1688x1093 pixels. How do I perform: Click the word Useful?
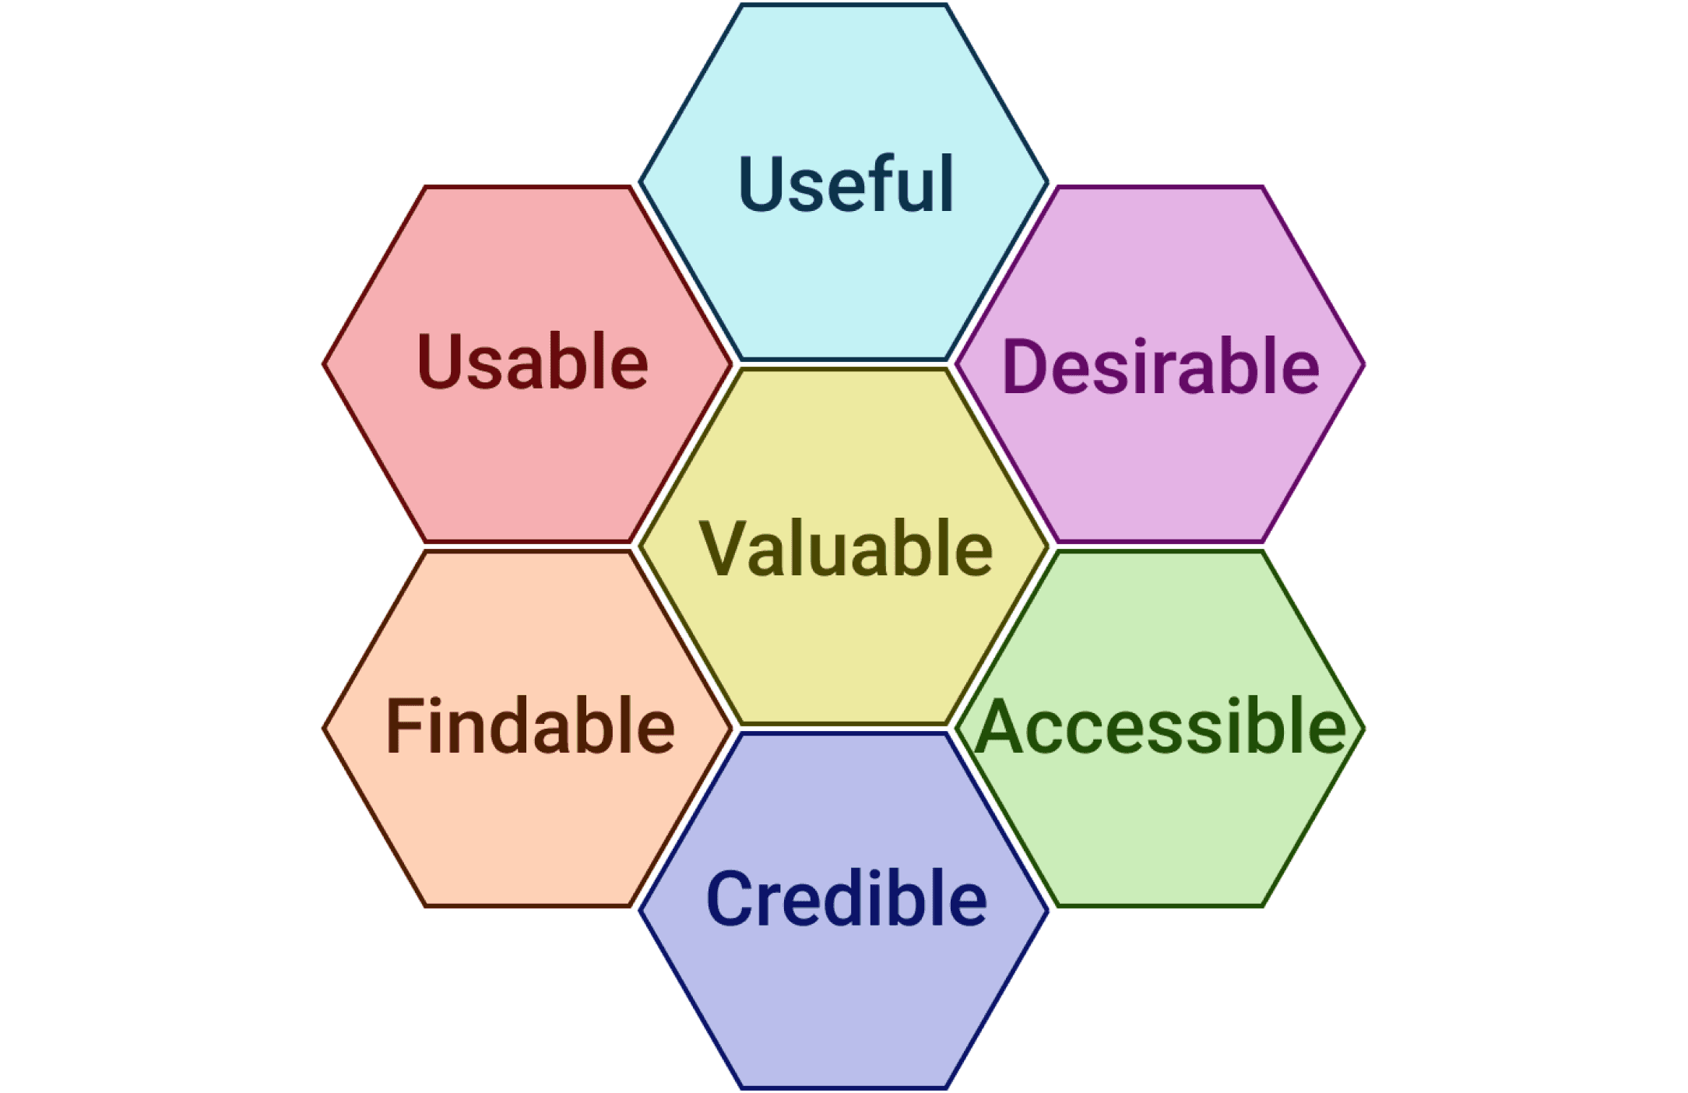[846, 184]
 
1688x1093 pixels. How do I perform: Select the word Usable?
[533, 361]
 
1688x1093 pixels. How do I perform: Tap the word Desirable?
[1160, 366]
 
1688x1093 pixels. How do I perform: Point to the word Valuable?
[846, 548]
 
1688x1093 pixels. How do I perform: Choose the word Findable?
[530, 726]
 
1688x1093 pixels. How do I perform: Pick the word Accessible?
[1160, 726]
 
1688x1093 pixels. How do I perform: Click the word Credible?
[846, 898]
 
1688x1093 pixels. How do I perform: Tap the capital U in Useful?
[761, 184]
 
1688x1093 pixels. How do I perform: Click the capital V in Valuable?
[723, 548]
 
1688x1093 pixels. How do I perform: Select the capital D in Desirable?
[1027, 366]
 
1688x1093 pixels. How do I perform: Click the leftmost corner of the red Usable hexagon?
[325, 364]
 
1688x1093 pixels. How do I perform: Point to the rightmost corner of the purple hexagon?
[1363, 364]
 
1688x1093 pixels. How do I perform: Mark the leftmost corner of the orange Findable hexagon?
[325, 729]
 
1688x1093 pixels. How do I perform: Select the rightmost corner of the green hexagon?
[1363, 729]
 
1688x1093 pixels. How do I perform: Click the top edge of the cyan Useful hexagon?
[843, 5]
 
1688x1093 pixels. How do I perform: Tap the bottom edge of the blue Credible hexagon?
[843, 1087]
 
